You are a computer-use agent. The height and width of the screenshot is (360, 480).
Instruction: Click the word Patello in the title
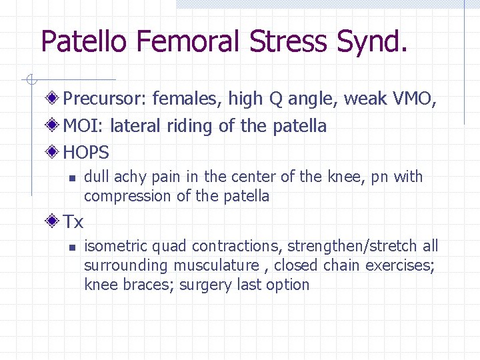(85, 41)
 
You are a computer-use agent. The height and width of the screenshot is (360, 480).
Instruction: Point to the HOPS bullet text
(86, 153)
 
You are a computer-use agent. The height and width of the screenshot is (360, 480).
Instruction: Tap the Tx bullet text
(73, 221)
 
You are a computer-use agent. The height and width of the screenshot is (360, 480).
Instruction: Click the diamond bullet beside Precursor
(54, 99)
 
